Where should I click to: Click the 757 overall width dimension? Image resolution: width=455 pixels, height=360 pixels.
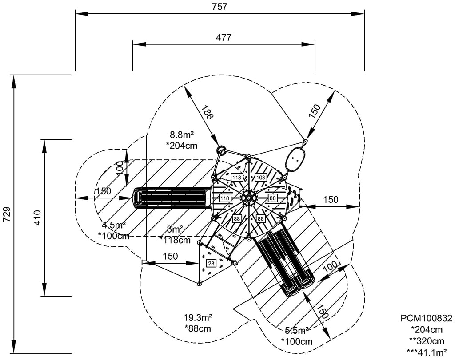click(220, 6)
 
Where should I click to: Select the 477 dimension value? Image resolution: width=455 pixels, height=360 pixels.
click(224, 37)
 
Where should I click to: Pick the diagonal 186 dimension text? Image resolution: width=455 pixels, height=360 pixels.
click(207, 113)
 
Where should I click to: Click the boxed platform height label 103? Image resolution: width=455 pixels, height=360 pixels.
click(261, 178)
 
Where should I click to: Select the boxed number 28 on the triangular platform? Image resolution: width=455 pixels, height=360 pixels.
click(211, 264)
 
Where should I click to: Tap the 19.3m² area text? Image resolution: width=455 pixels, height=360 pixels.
click(198, 318)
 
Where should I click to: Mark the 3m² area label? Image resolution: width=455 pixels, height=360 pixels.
click(175, 229)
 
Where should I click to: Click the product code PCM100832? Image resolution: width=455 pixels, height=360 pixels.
click(426, 318)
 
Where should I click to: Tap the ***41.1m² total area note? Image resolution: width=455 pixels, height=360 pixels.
click(426, 352)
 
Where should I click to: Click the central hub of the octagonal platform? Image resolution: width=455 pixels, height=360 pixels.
click(249, 198)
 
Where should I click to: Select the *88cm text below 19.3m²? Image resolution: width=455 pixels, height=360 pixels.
click(197, 329)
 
